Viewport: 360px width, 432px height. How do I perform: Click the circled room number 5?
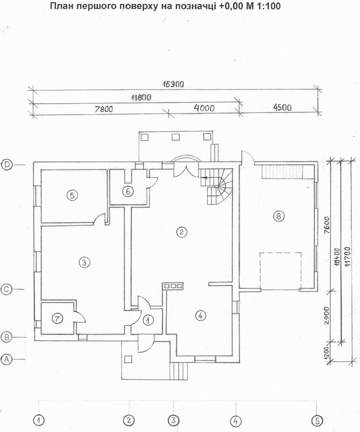(72, 195)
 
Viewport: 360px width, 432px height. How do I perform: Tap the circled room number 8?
(278, 216)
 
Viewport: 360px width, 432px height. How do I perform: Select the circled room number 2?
(181, 232)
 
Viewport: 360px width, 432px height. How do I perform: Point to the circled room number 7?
(57, 319)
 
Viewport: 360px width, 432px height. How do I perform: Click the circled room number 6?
(128, 191)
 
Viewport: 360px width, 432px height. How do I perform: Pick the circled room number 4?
(200, 316)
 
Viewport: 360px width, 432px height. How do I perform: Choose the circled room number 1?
(149, 320)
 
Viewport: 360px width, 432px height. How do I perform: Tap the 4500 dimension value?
(282, 107)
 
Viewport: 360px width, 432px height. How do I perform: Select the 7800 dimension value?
(104, 109)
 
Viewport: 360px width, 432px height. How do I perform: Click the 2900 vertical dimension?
(327, 316)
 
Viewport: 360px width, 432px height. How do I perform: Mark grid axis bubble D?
(6, 165)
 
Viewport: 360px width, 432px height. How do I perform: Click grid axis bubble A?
(6, 359)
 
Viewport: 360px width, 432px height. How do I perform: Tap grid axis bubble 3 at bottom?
(173, 420)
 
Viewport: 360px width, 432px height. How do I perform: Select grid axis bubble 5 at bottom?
(317, 420)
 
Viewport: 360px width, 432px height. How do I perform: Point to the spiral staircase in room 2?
(217, 186)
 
